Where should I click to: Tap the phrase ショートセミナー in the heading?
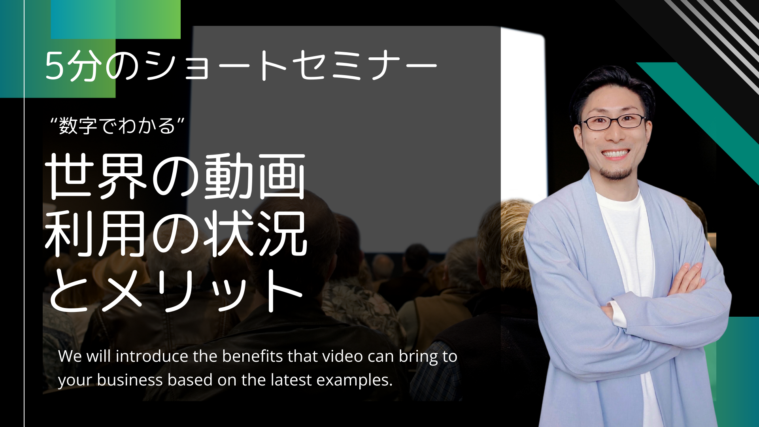tap(291, 66)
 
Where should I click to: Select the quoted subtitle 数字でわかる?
tap(117, 126)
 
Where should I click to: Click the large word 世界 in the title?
tap(97, 176)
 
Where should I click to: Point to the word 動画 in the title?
tap(255, 176)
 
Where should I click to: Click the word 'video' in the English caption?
tap(343, 356)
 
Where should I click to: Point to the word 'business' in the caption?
tap(130, 380)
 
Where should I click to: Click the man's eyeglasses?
tap(614, 122)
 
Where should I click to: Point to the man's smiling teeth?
tap(615, 153)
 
